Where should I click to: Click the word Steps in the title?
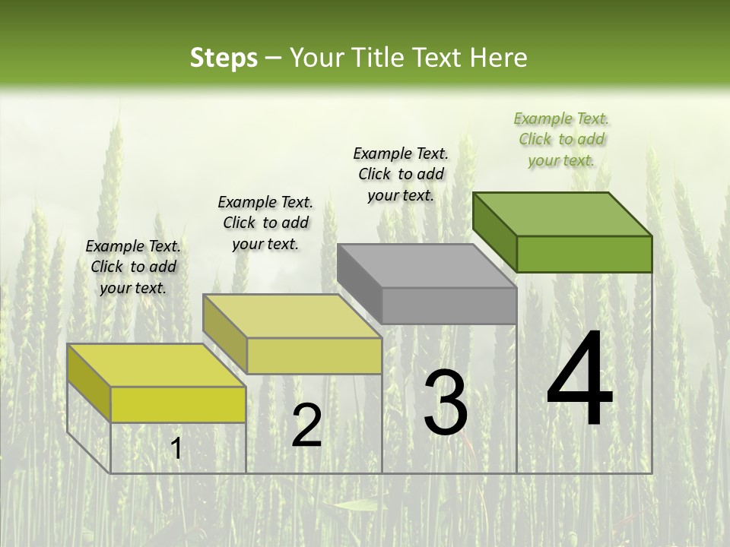(224, 58)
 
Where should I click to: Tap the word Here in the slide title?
(499, 58)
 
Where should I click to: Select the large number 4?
(579, 380)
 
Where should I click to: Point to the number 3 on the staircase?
(445, 402)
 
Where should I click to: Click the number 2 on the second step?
(306, 425)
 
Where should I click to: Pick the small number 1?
(176, 449)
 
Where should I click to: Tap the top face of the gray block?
(426, 266)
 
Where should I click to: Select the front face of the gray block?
(449, 305)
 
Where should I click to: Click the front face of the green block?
(584, 254)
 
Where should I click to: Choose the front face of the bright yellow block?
(178, 404)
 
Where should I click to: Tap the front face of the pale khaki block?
(314, 356)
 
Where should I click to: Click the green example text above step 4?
(561, 139)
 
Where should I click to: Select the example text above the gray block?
(401, 174)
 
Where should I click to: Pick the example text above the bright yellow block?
(133, 267)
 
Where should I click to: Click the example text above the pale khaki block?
(265, 223)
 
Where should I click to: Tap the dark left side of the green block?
(494, 231)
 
